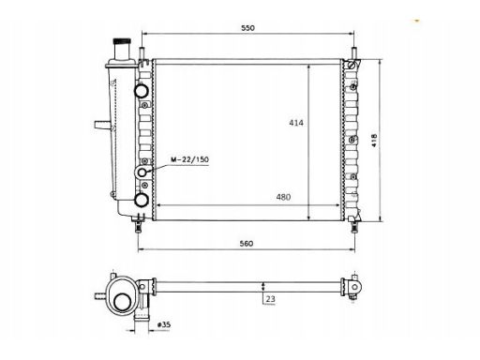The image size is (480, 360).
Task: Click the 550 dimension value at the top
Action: click(247, 28)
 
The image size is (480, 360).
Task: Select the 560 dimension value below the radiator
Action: click(247, 243)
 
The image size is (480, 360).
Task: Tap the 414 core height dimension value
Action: click(296, 123)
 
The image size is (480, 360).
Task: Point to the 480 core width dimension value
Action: click(283, 197)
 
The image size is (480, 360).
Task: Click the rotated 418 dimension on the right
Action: click(374, 141)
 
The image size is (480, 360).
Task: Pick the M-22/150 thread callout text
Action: click(189, 159)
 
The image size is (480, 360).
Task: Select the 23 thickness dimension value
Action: click(270, 299)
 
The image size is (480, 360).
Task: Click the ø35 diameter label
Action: click(164, 324)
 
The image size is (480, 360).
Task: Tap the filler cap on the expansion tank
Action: click(122, 41)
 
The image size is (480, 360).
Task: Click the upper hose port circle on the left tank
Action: click(142, 90)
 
